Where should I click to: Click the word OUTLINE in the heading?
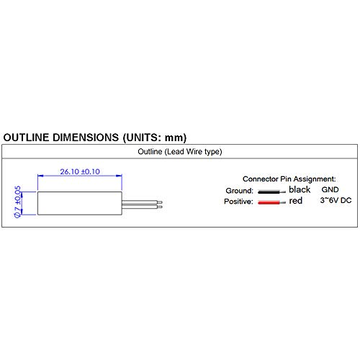tap(27, 138)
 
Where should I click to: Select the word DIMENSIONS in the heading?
tap(86, 138)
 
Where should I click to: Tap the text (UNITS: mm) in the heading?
tap(155, 138)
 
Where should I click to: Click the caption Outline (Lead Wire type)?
tap(180, 152)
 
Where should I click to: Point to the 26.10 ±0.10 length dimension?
tap(80, 171)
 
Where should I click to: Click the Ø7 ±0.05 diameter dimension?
tap(18, 202)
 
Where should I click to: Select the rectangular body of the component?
tap(80, 203)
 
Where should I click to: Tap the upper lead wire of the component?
tap(142, 202)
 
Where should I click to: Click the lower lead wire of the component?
tap(142, 207)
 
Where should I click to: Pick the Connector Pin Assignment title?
tap(289, 179)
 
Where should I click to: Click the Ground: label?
tap(240, 191)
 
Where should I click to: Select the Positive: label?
tap(238, 202)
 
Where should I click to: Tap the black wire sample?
tap(271, 192)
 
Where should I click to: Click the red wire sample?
tap(271, 202)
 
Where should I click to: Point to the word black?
tap(300, 189)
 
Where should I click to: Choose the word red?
tap(295, 201)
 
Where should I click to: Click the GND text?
tap(330, 189)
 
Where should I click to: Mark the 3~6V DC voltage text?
tap(336, 200)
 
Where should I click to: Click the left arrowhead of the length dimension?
tap(40, 176)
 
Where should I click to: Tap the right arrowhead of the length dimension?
tap(119, 176)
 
